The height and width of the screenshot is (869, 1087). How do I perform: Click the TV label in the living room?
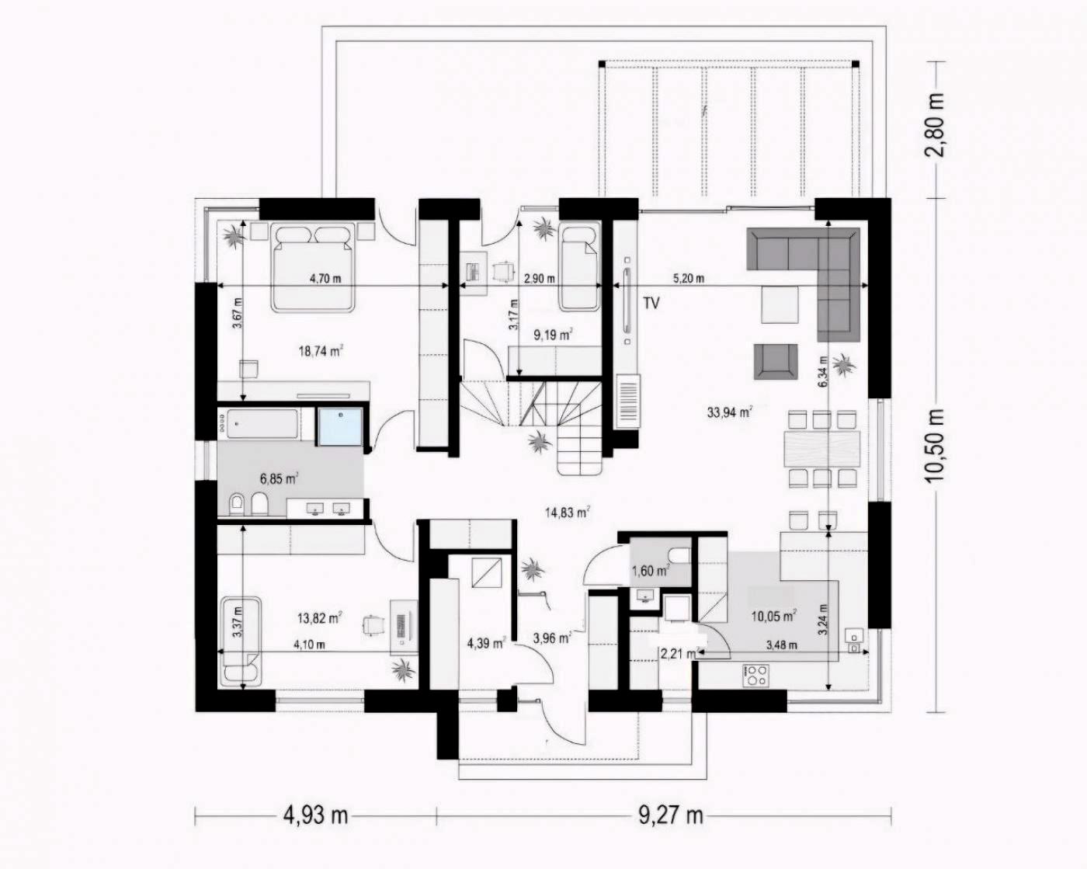[651, 303]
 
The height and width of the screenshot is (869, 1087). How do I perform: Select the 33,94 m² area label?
[728, 412]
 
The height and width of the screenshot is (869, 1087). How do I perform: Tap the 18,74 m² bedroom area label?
[321, 351]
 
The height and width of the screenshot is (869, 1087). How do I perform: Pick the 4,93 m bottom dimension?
[314, 815]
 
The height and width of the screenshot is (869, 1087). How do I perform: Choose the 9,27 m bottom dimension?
[670, 815]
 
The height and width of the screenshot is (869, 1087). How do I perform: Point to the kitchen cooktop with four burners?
[756, 675]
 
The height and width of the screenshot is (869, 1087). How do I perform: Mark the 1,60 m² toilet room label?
[650, 572]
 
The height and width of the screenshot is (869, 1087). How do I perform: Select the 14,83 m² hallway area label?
[567, 512]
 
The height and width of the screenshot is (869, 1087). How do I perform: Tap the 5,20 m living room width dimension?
[688, 279]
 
